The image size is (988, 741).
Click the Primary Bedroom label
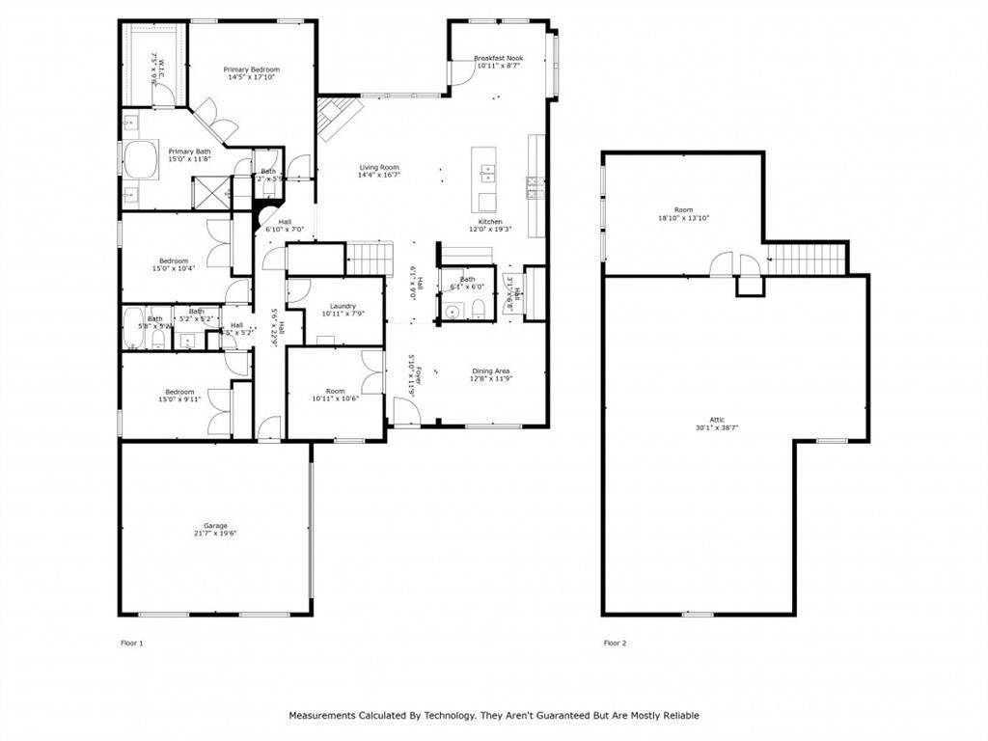click(x=252, y=69)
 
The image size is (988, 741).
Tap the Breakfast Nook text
click(x=498, y=59)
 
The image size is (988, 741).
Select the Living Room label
click(x=378, y=167)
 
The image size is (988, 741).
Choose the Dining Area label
click(x=491, y=370)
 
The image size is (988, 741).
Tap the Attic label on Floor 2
click(x=717, y=419)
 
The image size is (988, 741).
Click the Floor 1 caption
click(x=131, y=643)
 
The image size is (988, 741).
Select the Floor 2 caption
click(x=615, y=643)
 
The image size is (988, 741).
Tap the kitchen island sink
click(x=488, y=174)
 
